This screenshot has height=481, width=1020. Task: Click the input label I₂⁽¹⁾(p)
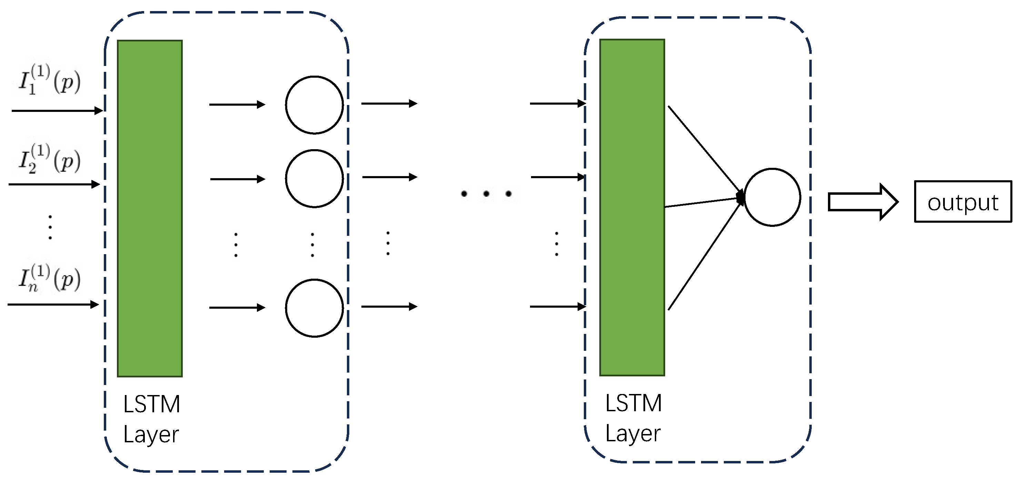pos(50,160)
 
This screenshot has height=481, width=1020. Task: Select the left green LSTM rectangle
pos(150,208)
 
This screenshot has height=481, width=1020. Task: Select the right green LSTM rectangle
pos(632,207)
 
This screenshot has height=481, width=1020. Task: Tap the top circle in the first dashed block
pos(314,105)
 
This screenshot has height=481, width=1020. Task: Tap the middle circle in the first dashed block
pos(314,179)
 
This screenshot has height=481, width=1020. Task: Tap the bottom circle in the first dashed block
pos(314,308)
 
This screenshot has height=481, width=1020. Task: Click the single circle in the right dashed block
pos(772,197)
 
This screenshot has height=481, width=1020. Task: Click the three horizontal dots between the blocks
pos(486,193)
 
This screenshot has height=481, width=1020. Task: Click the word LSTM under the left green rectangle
pos(152,404)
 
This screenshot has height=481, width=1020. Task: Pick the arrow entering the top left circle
pos(237,105)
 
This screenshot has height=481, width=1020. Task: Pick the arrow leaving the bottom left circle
pos(389,307)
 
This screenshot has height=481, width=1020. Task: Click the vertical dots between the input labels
pos(50,227)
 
